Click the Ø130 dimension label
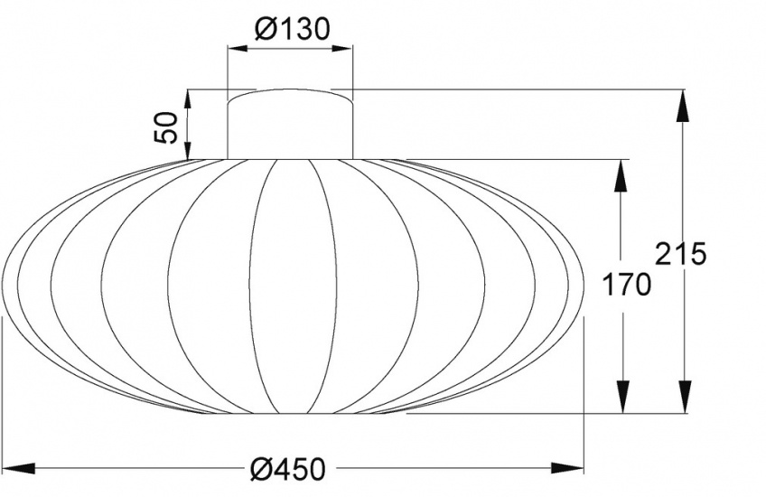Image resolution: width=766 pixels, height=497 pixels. [x=290, y=30]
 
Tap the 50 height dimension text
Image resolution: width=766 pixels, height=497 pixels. [x=167, y=127]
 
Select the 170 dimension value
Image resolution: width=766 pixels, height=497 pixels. [x=628, y=285]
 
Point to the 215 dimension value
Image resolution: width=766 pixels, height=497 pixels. [x=680, y=255]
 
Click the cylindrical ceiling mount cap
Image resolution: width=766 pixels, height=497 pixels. [x=290, y=123]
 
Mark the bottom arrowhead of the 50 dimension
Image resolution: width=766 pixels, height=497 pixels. [x=188, y=145]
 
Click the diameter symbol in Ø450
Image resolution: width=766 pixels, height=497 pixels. [x=260, y=469]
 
